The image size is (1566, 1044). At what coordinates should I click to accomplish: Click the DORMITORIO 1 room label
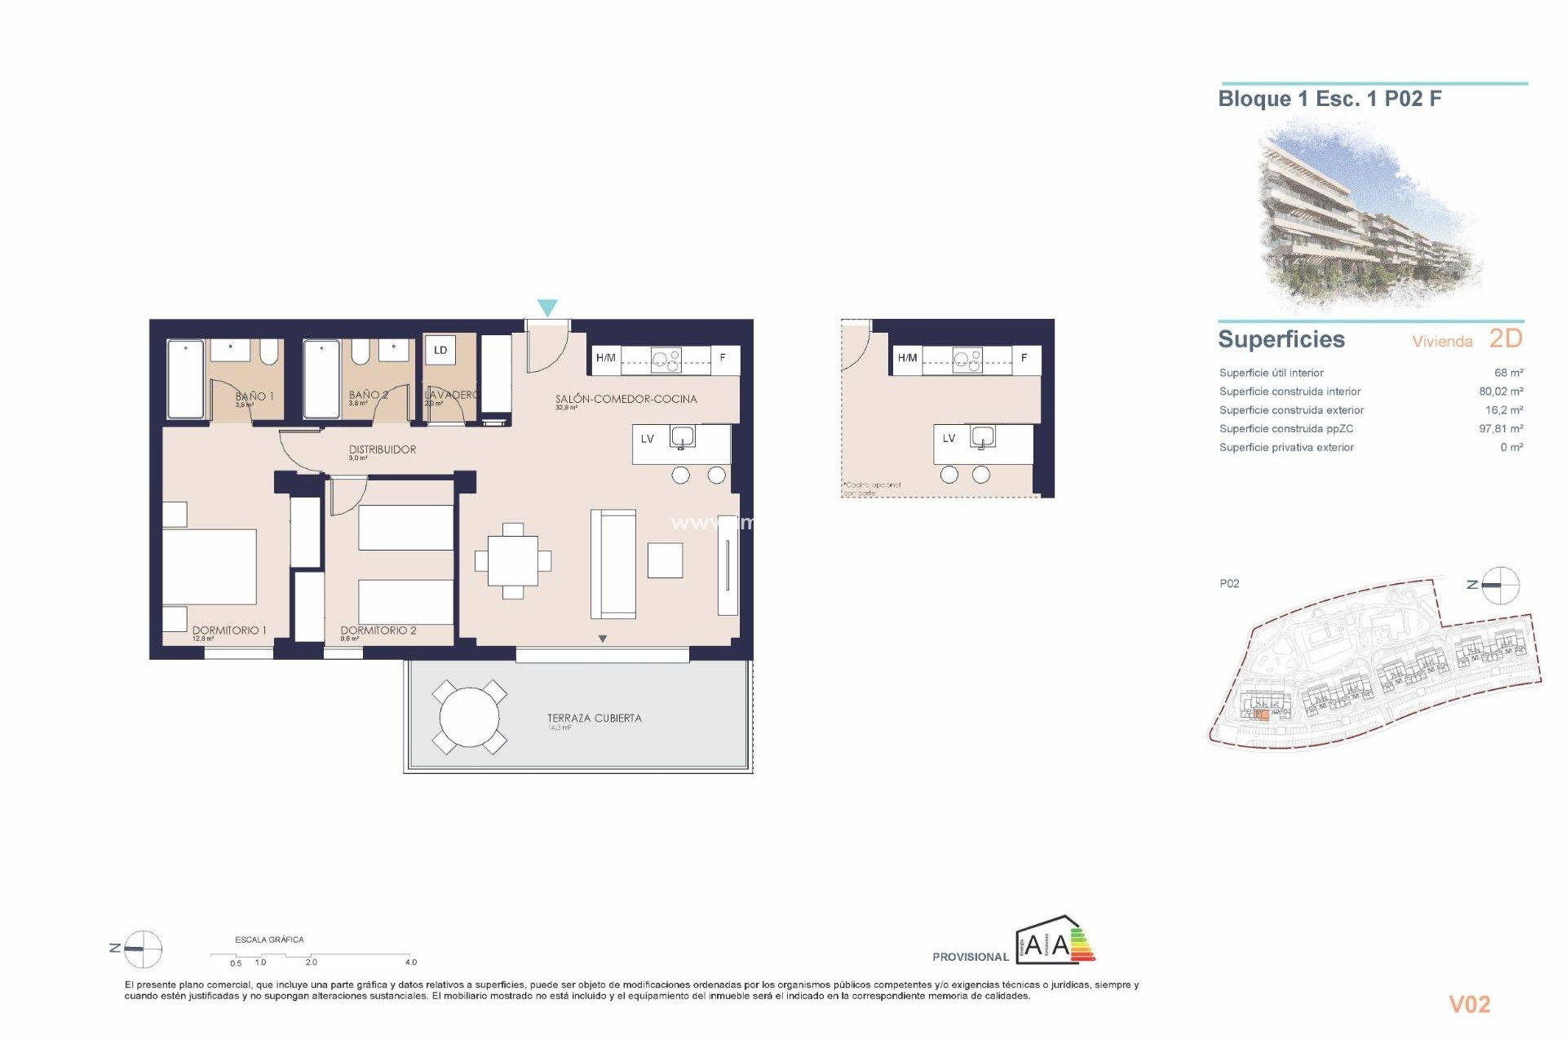tap(229, 630)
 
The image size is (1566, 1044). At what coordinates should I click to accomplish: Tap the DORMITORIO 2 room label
tap(378, 630)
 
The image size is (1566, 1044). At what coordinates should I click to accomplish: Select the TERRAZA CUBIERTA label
tap(595, 719)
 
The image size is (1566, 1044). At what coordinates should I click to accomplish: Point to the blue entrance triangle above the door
tap(547, 307)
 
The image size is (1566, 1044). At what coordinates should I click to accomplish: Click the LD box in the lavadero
tap(440, 351)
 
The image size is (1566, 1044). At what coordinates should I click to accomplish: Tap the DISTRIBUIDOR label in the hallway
tap(383, 449)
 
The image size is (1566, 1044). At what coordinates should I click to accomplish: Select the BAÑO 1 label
tap(254, 396)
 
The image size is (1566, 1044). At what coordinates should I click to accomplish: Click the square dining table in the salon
tap(513, 561)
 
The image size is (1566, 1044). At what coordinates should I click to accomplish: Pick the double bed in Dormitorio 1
tap(210, 567)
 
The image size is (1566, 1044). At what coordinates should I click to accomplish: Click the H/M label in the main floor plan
tap(606, 358)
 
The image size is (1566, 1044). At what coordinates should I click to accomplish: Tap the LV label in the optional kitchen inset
tap(949, 439)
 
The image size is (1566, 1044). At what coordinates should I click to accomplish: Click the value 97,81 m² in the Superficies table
tap(1501, 429)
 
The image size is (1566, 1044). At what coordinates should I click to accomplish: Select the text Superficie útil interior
tap(1271, 373)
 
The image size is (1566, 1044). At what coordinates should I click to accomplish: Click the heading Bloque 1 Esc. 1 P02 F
tap(1329, 100)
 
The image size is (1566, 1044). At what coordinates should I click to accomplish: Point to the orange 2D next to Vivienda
tap(1506, 338)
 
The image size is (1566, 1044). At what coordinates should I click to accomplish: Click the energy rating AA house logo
tap(1055, 942)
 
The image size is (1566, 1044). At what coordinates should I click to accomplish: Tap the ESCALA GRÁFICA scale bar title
tap(269, 940)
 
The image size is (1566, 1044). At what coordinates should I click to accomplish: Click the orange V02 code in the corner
tap(1469, 1005)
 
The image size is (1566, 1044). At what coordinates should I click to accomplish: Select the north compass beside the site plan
tap(1500, 585)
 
